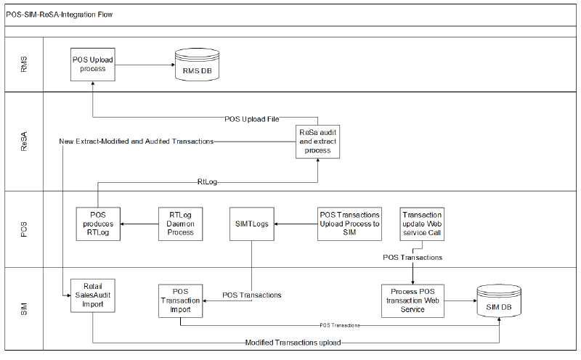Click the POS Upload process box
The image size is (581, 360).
(x=93, y=64)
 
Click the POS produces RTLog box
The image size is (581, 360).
(x=98, y=224)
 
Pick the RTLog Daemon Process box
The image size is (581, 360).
(x=181, y=224)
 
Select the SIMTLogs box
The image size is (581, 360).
(x=252, y=224)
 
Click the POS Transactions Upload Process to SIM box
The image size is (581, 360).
(x=349, y=224)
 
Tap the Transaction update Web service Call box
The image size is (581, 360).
(x=421, y=224)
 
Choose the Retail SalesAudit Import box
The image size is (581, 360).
(x=93, y=294)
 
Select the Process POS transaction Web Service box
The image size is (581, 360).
(x=413, y=300)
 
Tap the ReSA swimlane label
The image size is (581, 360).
(x=23, y=142)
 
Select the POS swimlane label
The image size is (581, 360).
(x=23, y=229)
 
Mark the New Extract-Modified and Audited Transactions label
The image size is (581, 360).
(x=136, y=141)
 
